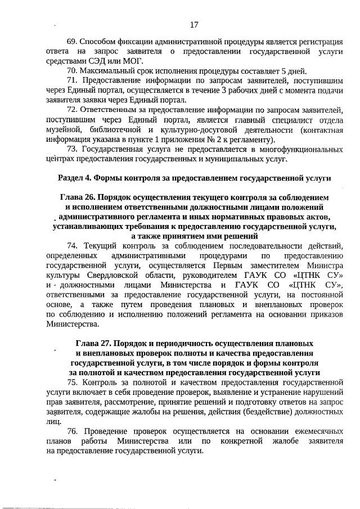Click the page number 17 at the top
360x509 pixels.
tap(194, 25)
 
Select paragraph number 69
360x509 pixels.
tap(73, 42)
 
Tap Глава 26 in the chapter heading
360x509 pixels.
tap(77, 198)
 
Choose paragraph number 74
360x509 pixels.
tap(72, 246)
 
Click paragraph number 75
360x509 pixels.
tap(73, 382)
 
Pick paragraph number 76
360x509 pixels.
tap(73, 431)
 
